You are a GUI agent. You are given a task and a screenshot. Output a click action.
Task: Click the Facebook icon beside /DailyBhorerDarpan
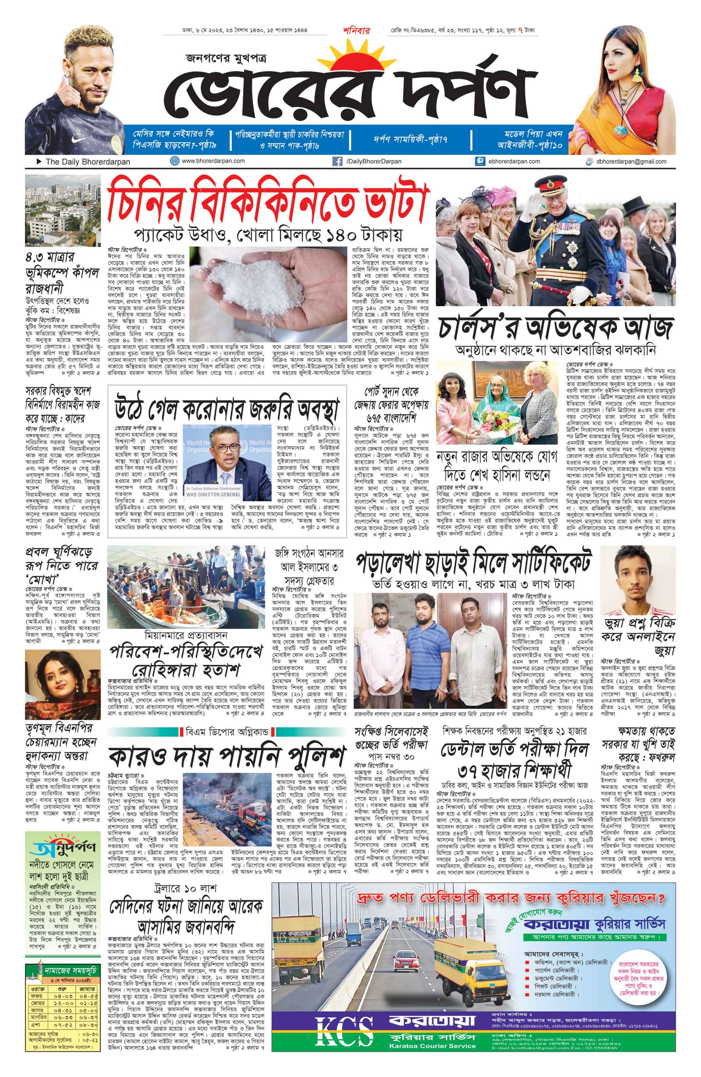pyautogui.click(x=336, y=161)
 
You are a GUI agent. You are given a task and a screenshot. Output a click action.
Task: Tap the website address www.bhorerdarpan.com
pyautogui.click(x=213, y=161)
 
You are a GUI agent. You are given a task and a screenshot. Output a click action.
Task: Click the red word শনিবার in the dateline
pyautogui.click(x=356, y=31)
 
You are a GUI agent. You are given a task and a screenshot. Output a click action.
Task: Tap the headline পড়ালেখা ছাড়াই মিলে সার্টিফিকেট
pyautogui.click(x=473, y=561)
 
